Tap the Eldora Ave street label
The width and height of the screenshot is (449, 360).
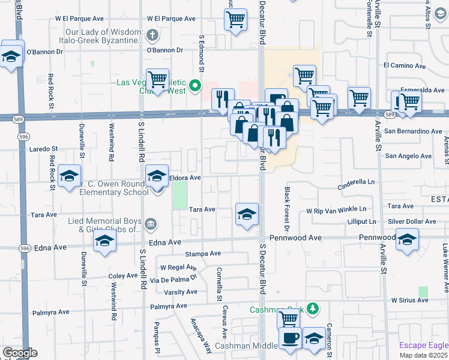point(185,178)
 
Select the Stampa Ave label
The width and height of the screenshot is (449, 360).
point(200,254)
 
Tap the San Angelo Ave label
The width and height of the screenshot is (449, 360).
point(408,156)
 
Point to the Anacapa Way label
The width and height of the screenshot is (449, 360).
point(202,337)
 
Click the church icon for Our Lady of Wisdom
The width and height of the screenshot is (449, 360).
point(152,35)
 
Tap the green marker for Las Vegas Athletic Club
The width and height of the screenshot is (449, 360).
point(194,86)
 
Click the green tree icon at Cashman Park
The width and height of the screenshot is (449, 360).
point(312,308)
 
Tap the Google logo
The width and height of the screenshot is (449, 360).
point(20,353)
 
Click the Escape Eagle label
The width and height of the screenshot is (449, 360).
point(424,346)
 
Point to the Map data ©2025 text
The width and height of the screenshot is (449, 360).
point(424,355)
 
